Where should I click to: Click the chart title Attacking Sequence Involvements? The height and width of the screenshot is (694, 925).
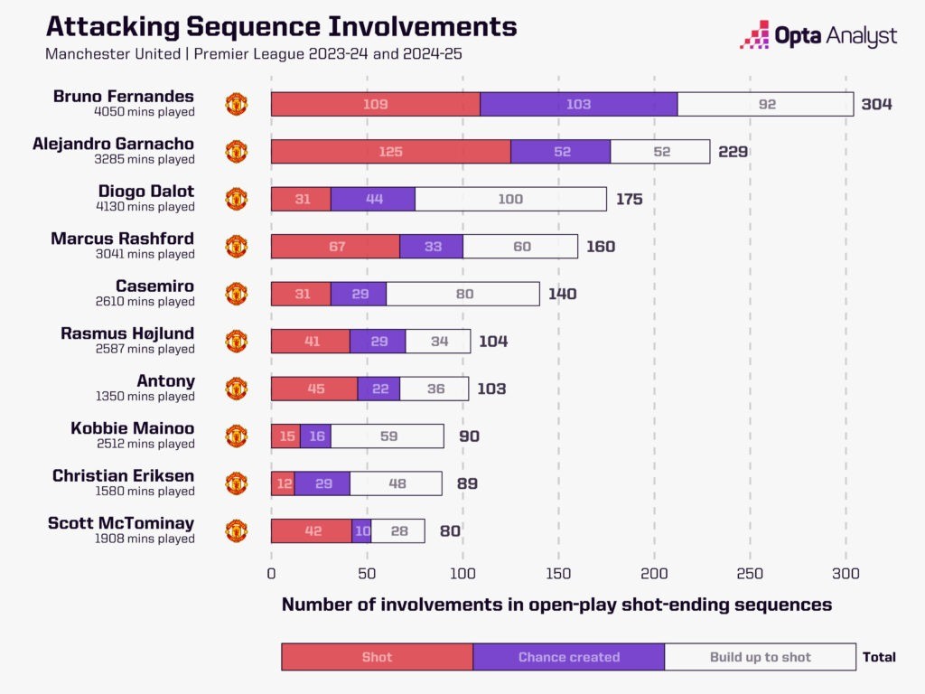coord(281,25)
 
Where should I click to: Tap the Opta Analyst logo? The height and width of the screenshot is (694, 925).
coord(818,35)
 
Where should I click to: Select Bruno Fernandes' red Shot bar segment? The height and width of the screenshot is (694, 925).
coord(375,104)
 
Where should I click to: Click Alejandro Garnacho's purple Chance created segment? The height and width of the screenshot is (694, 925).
coord(561,152)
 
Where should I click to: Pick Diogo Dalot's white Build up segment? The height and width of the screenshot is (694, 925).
coord(510,199)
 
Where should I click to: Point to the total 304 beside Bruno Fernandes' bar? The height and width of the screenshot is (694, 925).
coord(876,104)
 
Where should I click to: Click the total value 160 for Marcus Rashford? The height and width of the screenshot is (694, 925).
coord(601,247)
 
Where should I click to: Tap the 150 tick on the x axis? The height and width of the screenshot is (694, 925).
coord(558,574)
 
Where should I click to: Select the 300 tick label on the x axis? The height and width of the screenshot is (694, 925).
coord(846,574)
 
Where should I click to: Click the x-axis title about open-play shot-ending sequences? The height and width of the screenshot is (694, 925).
coord(556,605)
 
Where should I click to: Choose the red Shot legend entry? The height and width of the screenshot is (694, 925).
coord(377,657)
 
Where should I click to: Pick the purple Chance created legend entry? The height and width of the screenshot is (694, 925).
coord(568,657)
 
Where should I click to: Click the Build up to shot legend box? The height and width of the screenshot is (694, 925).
coord(760,657)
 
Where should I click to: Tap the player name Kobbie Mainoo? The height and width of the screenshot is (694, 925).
coord(132,427)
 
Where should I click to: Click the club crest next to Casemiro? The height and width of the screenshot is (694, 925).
coord(236,294)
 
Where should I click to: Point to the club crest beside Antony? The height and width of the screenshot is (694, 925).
coord(236,389)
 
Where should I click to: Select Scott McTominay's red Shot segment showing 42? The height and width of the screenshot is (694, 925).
coord(312,531)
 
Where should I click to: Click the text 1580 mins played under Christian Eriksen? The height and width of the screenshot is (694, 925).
coord(145,492)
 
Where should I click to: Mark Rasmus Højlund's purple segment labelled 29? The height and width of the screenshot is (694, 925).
coord(378,342)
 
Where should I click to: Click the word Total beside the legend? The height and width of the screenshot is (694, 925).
coord(880,657)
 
